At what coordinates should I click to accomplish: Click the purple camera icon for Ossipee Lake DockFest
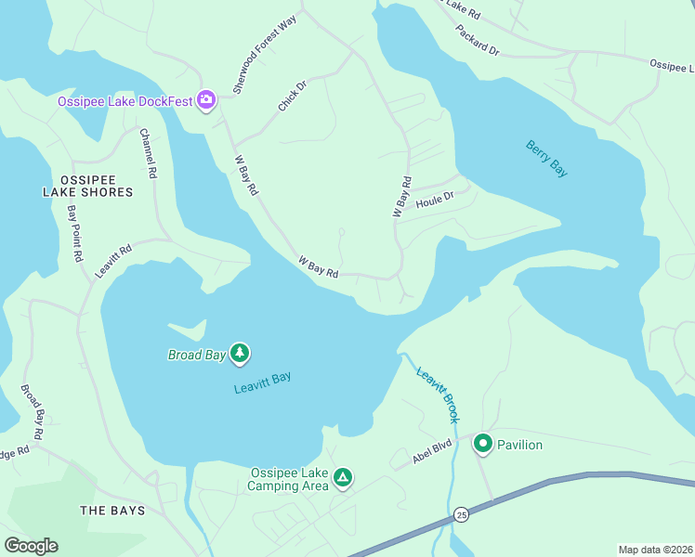pos(206,100)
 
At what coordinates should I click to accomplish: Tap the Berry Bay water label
pos(546,158)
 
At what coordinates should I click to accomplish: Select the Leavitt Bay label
pos(262,382)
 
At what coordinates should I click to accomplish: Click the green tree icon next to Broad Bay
pos(241,354)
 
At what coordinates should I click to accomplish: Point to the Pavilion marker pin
pos(483,445)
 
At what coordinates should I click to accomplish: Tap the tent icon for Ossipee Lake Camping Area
pos(343,478)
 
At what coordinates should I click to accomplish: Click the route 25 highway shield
pos(461,514)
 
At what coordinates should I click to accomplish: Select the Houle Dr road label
pos(434,199)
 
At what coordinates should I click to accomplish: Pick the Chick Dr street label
pos(292,97)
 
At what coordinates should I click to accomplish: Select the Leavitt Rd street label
pos(114,262)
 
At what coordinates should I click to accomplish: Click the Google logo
pos(31,546)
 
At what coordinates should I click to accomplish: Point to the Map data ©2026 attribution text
pos(655,550)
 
